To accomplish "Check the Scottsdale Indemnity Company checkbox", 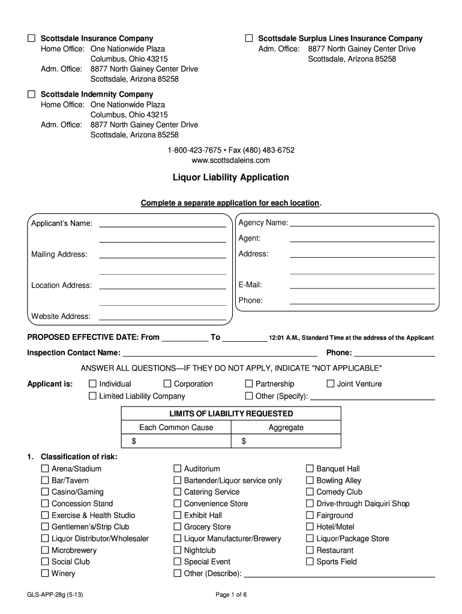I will (31, 94).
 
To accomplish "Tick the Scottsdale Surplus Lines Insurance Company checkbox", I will (248, 38).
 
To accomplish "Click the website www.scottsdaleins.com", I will (230, 160).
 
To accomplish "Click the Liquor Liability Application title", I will (230, 177).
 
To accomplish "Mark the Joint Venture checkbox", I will (330, 384).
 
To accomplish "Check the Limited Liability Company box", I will (92, 396).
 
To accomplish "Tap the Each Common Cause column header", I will (176, 428).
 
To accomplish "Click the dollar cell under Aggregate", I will (286, 441).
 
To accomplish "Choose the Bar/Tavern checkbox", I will (45, 480).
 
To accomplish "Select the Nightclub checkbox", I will (178, 550).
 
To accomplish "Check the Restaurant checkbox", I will (310, 550).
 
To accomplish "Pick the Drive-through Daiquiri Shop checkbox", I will (310, 504).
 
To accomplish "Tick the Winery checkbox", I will (45, 573).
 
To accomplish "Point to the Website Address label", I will (61, 316).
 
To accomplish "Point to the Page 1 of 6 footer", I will (231, 595).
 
